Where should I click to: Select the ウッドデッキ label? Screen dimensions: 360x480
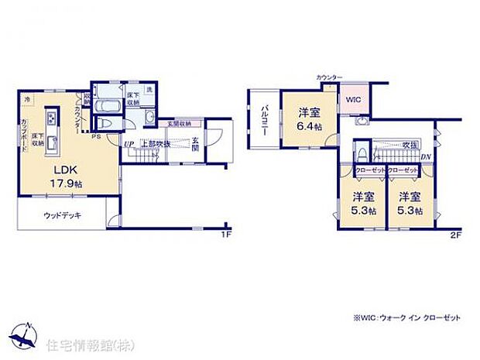click(x=63, y=216)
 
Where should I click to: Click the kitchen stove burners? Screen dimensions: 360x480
click(x=51, y=118)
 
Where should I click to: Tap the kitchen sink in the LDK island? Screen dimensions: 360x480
click(x=52, y=144)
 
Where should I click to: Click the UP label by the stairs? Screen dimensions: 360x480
click(x=127, y=143)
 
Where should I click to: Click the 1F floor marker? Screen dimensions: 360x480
click(x=226, y=233)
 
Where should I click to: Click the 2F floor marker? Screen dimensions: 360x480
click(x=457, y=233)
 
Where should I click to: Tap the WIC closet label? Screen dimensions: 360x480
click(x=353, y=101)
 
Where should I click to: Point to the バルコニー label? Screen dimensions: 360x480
click(x=265, y=120)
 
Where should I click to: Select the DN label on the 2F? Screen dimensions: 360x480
click(x=426, y=157)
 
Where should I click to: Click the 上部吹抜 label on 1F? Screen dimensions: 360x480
click(x=155, y=144)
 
